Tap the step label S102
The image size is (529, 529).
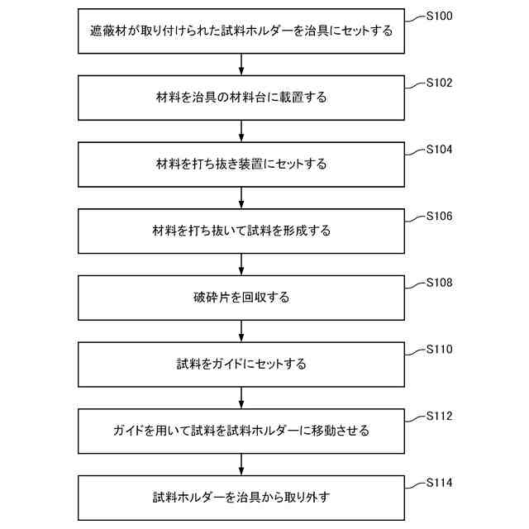click(x=439, y=83)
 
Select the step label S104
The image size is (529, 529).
click(x=439, y=150)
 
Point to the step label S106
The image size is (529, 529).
click(x=439, y=217)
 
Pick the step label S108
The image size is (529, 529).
click(x=439, y=283)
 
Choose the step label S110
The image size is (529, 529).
click(x=439, y=350)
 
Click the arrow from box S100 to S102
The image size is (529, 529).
click(x=241, y=64)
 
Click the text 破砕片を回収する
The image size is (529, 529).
click(x=241, y=298)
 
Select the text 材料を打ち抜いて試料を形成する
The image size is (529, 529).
click(x=241, y=231)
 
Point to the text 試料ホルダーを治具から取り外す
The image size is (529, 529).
click(x=241, y=498)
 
